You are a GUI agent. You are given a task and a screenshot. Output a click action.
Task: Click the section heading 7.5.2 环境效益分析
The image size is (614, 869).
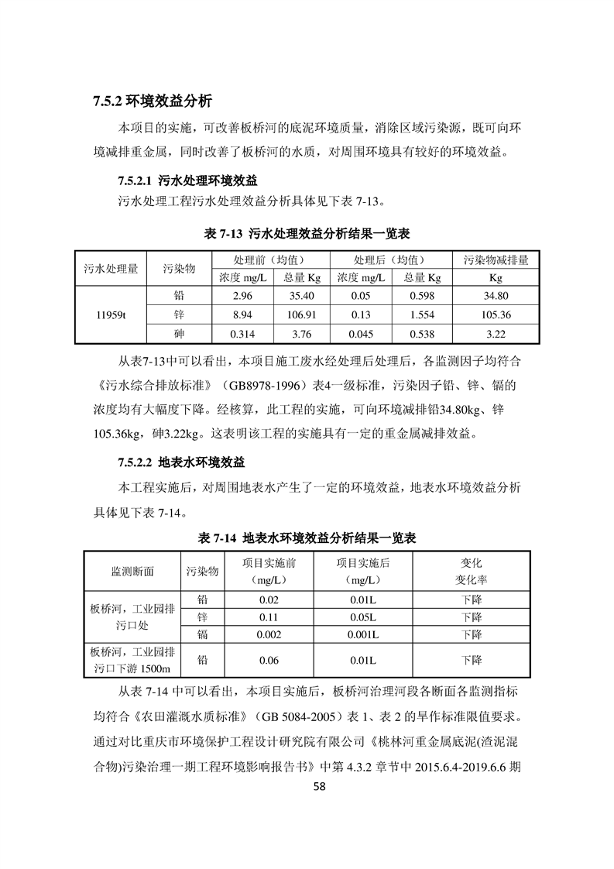152,101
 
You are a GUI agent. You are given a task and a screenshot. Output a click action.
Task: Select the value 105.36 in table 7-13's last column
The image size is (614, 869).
496,315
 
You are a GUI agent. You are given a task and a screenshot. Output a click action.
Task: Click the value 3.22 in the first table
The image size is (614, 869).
496,335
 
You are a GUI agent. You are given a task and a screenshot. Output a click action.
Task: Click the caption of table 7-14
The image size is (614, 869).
307,538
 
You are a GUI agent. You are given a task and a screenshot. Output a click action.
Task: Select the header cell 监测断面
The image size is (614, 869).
132,572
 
